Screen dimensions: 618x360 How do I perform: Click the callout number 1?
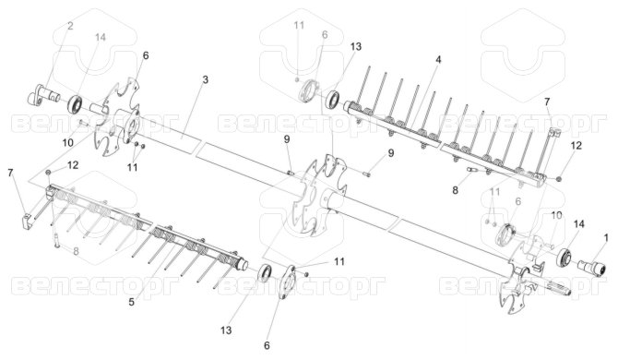[606, 237]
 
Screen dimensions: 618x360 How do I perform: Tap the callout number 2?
[70, 26]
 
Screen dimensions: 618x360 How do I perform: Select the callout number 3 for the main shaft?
[205, 79]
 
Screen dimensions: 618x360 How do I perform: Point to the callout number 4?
[438, 60]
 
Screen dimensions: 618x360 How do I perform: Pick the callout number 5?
[131, 302]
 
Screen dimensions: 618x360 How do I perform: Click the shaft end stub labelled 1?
[592, 269]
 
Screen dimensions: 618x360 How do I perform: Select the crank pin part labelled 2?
[43, 95]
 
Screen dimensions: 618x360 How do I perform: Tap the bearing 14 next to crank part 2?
[75, 103]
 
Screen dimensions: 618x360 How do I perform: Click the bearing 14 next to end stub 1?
[564, 258]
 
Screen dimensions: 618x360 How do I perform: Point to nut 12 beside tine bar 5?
[48, 172]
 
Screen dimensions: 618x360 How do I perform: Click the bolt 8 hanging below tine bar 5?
[56, 239]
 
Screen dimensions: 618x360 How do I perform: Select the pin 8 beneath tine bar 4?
[471, 170]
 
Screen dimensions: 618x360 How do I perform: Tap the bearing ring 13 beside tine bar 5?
[265, 273]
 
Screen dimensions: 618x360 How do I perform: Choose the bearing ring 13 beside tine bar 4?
[333, 99]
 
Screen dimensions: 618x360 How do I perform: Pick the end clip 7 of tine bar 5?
[26, 221]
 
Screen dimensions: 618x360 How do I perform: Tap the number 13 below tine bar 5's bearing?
[226, 330]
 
